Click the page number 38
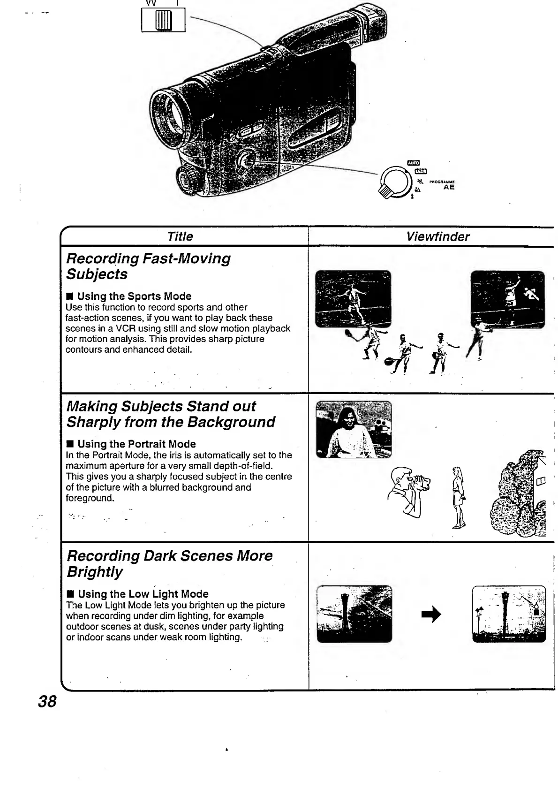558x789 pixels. pyautogui.click(x=47, y=702)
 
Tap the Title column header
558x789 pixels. pyautogui.click(x=180, y=236)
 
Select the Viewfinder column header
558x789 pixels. pyautogui.click(x=437, y=236)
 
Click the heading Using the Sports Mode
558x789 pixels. pyautogui.click(x=134, y=296)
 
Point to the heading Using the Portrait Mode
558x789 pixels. pyautogui.click(x=136, y=444)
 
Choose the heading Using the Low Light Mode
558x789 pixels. pyautogui.click(x=143, y=593)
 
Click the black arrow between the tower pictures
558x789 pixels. pyautogui.click(x=431, y=614)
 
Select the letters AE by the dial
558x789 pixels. pyautogui.click(x=449, y=187)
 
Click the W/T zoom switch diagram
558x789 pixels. pyautogui.click(x=163, y=21)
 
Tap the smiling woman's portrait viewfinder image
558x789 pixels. pyautogui.click(x=354, y=429)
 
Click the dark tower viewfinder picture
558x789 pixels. pyautogui.click(x=354, y=614)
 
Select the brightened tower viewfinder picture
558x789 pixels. pyautogui.click(x=508, y=614)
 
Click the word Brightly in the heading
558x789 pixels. pyautogui.click(x=94, y=572)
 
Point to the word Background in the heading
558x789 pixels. pyautogui.click(x=231, y=422)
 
